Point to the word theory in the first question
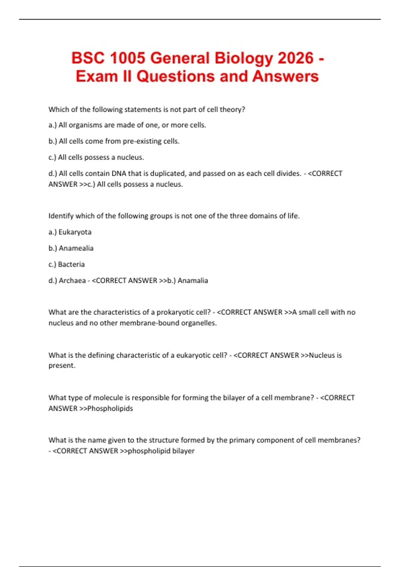click(232, 109)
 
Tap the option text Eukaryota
click(75, 232)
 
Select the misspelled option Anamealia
click(76, 248)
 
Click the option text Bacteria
click(71, 264)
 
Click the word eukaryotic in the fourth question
click(190, 355)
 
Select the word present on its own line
click(62, 366)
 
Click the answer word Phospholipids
click(110, 409)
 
